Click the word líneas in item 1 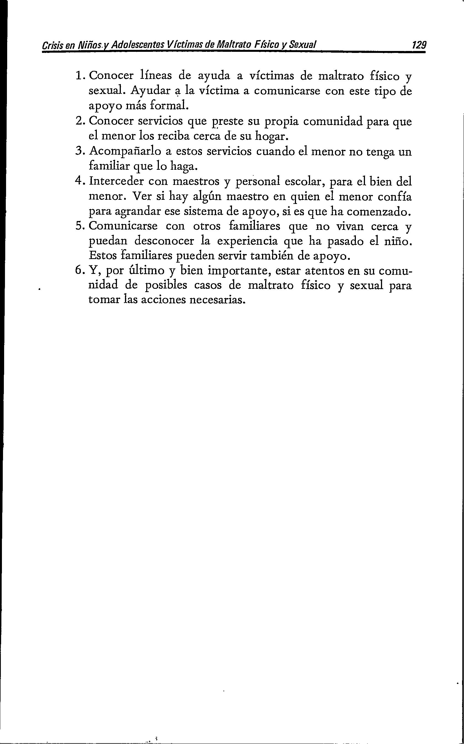click(x=158, y=75)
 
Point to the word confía click(x=394, y=196)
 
